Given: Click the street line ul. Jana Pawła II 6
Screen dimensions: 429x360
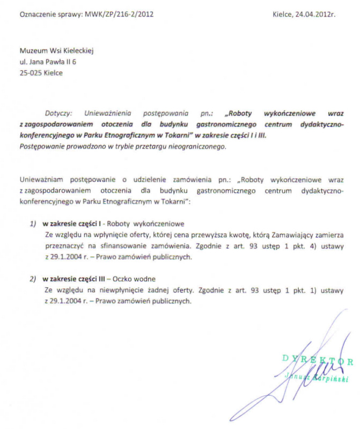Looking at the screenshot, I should point(48,62).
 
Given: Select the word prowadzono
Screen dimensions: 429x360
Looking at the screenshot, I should point(82,146).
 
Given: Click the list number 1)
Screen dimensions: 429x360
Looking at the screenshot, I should point(33,223).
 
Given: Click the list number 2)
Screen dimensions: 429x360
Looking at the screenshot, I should point(33,279).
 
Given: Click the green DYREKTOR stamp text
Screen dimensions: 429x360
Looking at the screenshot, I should point(318,361).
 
